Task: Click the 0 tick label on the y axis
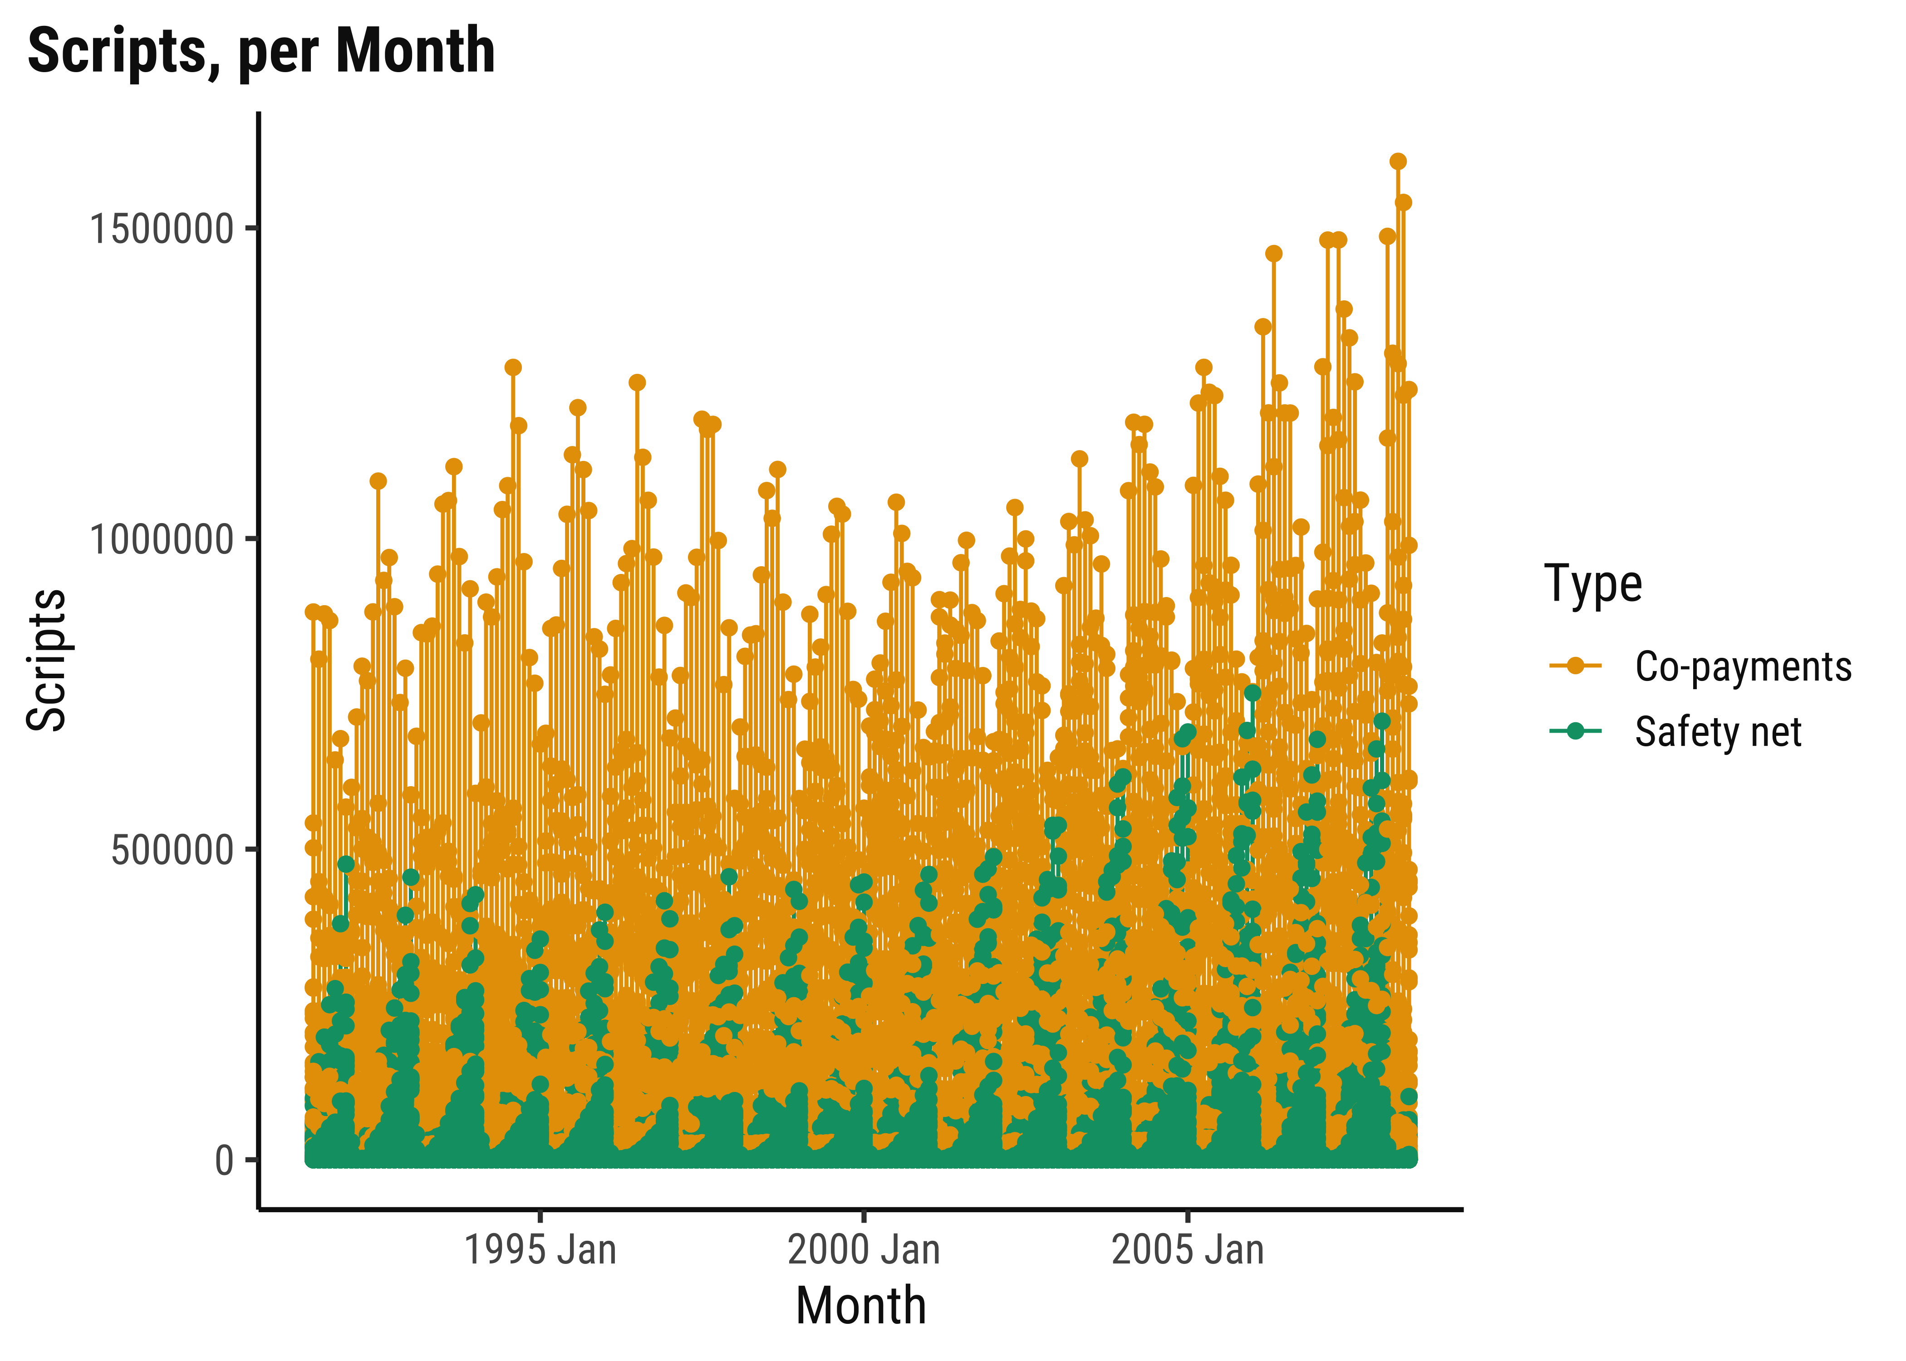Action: (224, 1160)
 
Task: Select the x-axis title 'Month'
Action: (861, 1306)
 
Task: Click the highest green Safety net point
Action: (1252, 693)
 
